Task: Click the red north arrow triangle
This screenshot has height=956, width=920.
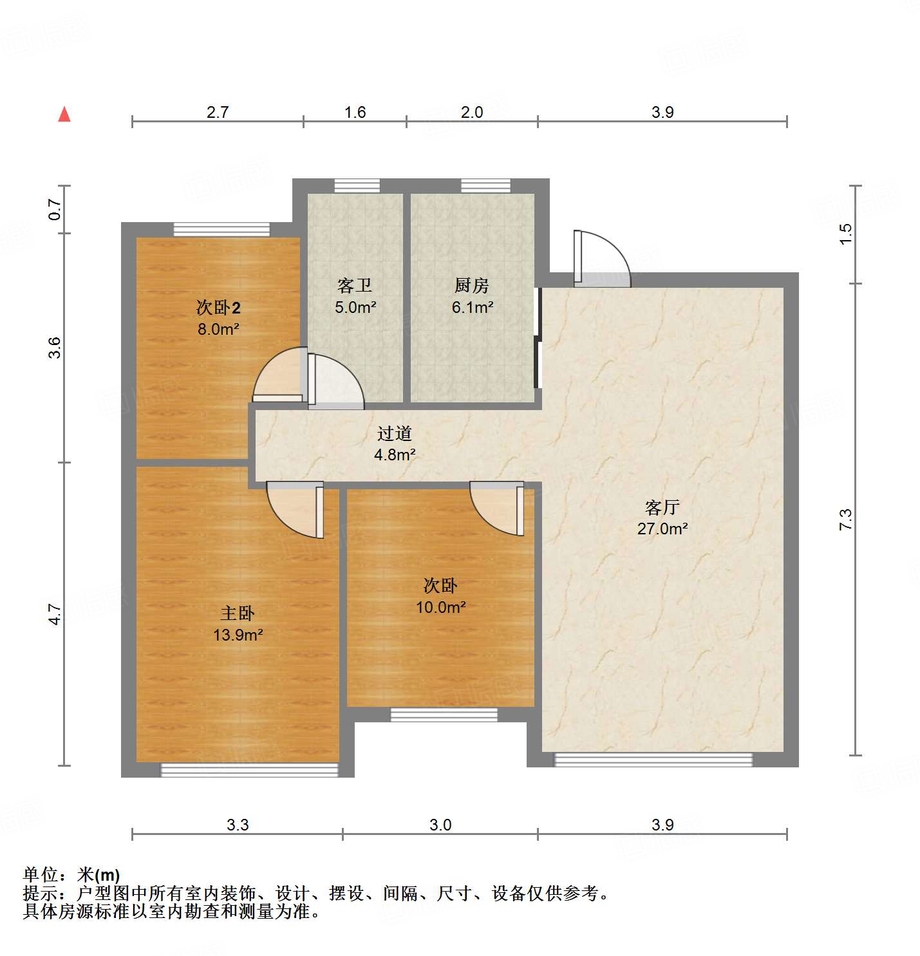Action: tap(64, 115)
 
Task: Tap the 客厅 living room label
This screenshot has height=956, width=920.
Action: tap(662, 508)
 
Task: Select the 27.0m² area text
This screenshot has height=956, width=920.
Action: tap(662, 529)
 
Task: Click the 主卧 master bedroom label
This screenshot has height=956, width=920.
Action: tap(238, 614)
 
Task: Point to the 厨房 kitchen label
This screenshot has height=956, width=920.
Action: tap(472, 285)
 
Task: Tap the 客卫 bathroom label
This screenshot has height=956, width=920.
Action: tap(355, 285)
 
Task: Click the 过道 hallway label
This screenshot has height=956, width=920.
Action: tap(395, 434)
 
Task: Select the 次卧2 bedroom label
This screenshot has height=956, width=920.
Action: tap(218, 308)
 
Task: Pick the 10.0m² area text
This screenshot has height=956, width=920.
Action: tap(441, 607)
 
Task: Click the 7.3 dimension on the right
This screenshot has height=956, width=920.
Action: tap(845, 520)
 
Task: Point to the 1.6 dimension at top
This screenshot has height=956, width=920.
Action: tap(355, 112)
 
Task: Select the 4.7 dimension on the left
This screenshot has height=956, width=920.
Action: tap(55, 614)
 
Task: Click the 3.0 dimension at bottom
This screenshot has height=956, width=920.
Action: tap(440, 825)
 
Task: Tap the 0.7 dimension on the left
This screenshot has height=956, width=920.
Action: tap(55, 209)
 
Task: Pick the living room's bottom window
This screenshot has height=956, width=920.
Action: tap(653, 760)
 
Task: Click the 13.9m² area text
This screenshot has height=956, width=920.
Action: tap(238, 635)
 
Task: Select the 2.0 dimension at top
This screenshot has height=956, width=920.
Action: tap(472, 112)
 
